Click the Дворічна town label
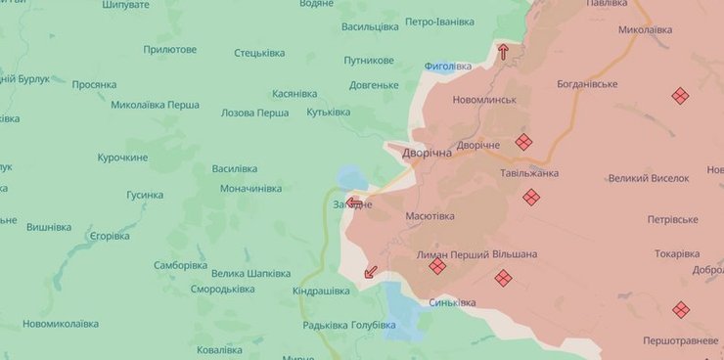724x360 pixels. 427,155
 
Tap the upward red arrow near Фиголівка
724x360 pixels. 504,52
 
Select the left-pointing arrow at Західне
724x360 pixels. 354,204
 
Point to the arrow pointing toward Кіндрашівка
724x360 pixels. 370,272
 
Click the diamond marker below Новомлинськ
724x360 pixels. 523,142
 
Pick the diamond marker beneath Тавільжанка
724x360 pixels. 531,198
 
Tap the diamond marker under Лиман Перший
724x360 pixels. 437,266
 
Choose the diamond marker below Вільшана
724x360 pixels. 503,278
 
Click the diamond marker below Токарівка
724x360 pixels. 681,309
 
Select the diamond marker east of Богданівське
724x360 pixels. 680,96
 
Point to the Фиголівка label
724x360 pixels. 448,67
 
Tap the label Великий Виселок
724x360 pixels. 649,178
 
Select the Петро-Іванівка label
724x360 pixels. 439,22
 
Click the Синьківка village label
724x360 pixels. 452,303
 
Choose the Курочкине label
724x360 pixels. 122,157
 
